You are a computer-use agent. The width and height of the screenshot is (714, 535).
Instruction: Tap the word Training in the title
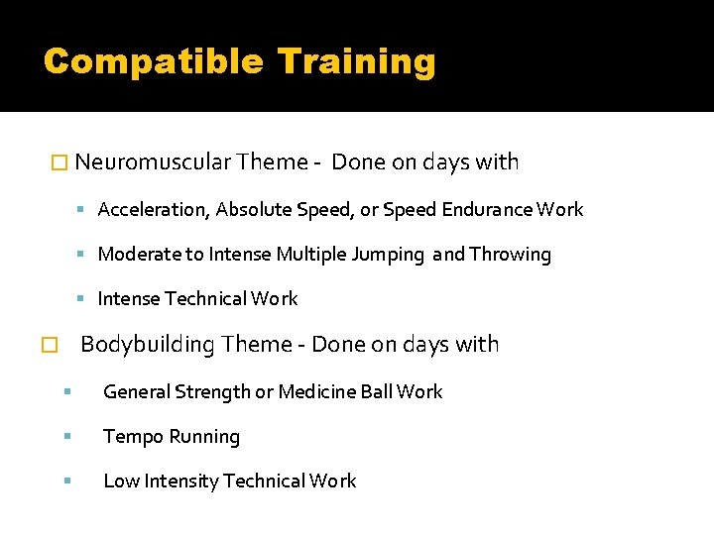pyautogui.click(x=357, y=61)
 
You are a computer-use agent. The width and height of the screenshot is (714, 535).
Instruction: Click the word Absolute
pyautogui.click(x=250, y=210)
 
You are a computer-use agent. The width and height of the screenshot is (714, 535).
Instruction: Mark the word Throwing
pyautogui.click(x=510, y=255)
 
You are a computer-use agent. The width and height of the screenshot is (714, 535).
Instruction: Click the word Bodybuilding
pyautogui.click(x=148, y=345)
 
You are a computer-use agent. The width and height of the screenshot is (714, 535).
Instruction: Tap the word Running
pyautogui.click(x=203, y=437)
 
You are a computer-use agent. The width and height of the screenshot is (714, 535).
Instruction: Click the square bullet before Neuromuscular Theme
pyautogui.click(x=59, y=162)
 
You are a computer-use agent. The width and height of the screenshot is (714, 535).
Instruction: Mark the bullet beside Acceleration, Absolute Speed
pyautogui.click(x=87, y=210)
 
